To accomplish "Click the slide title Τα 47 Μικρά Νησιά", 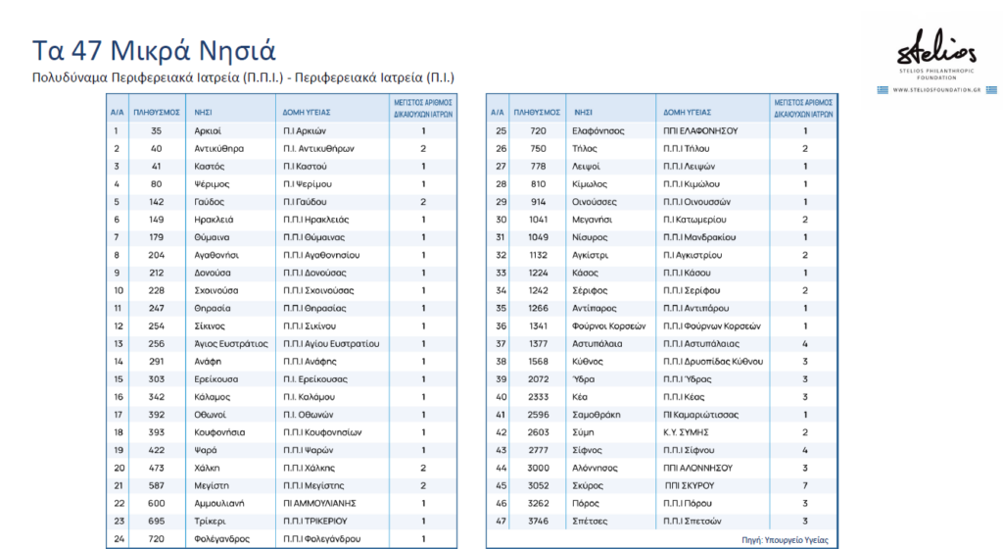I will (155, 50).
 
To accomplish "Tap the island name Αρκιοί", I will (208, 130).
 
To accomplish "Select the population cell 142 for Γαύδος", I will (157, 202).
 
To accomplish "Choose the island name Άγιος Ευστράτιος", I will (231, 343).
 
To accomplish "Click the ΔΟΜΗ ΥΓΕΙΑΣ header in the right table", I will (687, 112).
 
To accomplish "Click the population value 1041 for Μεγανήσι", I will (538, 220).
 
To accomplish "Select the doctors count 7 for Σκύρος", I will (805, 485).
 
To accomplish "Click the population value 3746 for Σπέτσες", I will (538, 521).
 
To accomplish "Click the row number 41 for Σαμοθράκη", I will (501, 415).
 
